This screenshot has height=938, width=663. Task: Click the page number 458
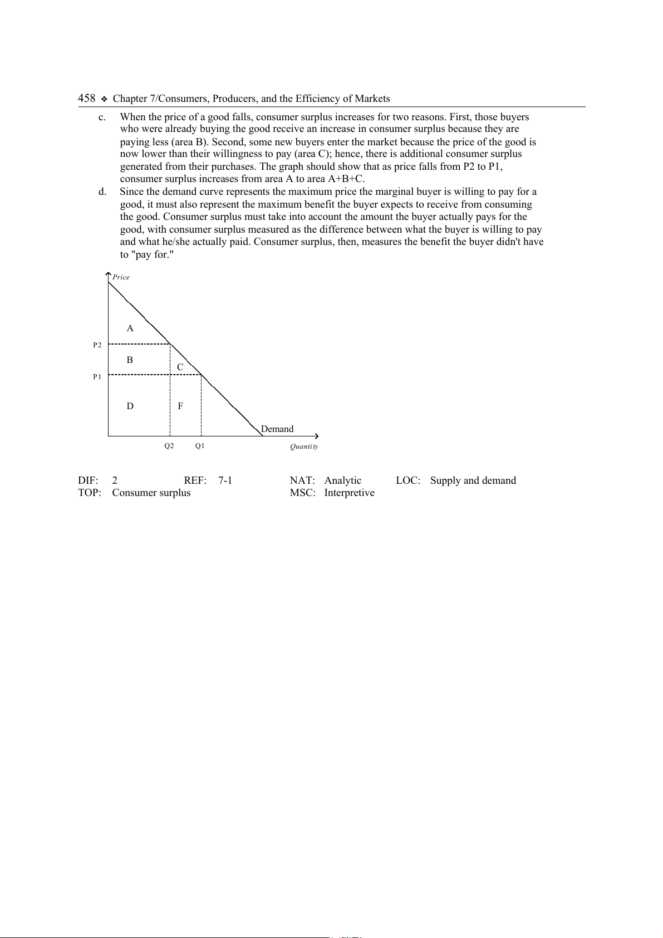[x=86, y=99]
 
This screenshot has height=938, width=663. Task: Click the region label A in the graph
[x=130, y=328]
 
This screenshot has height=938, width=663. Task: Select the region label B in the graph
[x=130, y=360]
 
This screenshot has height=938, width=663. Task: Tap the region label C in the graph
[x=180, y=367]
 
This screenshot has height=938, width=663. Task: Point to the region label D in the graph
[x=130, y=406]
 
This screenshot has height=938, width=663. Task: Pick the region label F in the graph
[x=180, y=406]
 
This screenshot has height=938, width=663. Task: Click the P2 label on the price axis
[x=97, y=345]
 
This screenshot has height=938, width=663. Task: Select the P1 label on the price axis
[x=97, y=377]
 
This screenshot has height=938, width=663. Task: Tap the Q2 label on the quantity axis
[x=169, y=446]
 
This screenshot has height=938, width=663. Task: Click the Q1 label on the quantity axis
[x=200, y=446]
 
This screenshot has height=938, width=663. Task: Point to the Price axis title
[x=121, y=277]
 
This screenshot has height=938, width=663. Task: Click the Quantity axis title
[x=304, y=446]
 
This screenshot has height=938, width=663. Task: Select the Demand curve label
[x=277, y=429]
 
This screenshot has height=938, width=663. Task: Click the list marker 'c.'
[x=102, y=117]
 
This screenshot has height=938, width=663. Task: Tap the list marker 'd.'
[x=102, y=191]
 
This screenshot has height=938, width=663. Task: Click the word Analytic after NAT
[x=343, y=480]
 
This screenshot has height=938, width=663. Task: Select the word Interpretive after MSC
[x=350, y=493]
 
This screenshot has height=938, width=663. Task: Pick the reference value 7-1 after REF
[x=225, y=480]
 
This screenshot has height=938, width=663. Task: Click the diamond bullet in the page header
[x=104, y=99]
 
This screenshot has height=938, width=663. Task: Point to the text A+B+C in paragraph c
[x=345, y=179]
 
